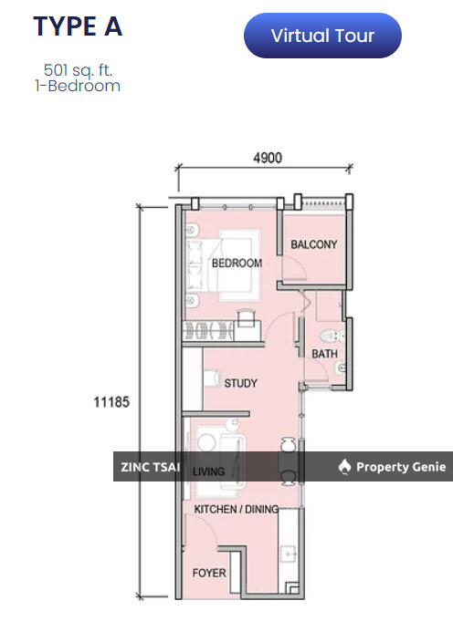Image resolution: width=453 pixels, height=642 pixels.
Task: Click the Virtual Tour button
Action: coord(322,36)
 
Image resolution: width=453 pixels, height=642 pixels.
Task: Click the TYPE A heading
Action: coord(78,26)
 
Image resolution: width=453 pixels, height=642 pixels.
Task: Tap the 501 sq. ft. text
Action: coord(78,70)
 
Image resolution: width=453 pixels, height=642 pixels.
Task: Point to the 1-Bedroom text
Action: coord(78,86)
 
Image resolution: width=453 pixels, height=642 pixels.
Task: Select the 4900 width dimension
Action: coord(268,158)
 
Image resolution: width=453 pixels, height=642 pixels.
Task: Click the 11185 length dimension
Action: coord(111,401)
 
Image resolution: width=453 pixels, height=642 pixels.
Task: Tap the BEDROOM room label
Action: coord(237,263)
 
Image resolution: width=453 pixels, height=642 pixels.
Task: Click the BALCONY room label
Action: coord(313,244)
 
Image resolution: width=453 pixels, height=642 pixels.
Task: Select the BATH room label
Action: coord(324,354)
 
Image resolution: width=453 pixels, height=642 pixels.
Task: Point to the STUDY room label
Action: coord(240,383)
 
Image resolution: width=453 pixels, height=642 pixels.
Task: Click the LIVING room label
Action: coord(208,471)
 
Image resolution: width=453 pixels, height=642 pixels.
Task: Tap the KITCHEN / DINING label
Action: coord(237,510)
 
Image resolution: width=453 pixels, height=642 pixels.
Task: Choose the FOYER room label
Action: coord(209,573)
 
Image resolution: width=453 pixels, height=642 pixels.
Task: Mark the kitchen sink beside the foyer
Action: coord(290,554)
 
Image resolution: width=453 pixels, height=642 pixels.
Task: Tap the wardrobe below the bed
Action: coord(208,331)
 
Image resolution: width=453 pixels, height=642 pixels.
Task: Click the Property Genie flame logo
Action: coord(344,467)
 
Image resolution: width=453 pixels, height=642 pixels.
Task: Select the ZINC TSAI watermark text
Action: coord(151,467)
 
